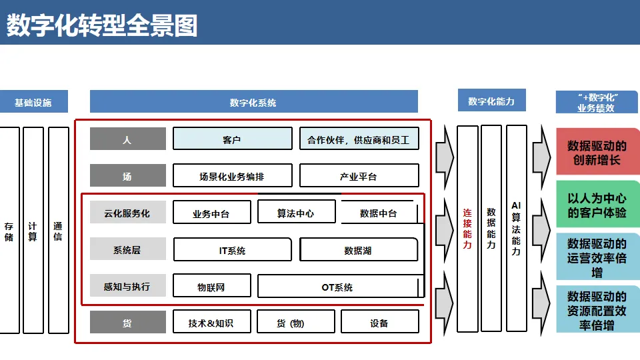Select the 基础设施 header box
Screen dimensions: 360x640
(33, 102)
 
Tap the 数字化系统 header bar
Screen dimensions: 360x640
(253, 102)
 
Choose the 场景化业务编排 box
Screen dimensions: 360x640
(232, 175)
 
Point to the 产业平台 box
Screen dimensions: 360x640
(359, 175)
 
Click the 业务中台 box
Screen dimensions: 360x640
(211, 213)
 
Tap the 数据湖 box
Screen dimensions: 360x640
(358, 250)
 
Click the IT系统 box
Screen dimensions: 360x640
(232, 250)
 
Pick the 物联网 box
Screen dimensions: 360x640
(211, 287)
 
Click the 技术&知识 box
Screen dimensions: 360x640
(211, 323)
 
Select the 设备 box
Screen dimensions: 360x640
(379, 323)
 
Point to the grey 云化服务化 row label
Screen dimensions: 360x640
(127, 213)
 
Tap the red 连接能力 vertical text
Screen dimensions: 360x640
(467, 229)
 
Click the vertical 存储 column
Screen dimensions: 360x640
(9, 230)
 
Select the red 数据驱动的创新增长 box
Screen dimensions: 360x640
(597, 152)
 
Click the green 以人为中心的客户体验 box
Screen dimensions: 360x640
(597, 205)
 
